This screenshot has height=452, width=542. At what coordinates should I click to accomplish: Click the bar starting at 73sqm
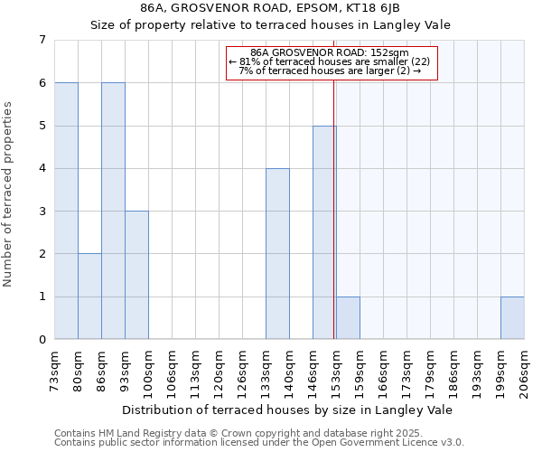[x=66, y=211]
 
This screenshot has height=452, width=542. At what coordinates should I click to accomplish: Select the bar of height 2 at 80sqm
[x=89, y=297]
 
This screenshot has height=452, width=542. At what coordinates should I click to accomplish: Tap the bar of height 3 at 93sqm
[x=136, y=275]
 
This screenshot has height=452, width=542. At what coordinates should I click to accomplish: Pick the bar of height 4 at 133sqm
[x=277, y=254]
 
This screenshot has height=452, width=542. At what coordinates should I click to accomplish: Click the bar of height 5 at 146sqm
[x=324, y=232]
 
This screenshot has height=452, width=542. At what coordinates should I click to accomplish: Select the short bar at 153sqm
[x=348, y=317]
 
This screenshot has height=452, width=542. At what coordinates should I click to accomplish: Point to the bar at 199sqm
[x=512, y=317]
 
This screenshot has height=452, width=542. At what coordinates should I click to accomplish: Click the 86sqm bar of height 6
[x=113, y=211]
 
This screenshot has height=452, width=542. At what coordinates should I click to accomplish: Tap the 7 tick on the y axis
[x=42, y=40]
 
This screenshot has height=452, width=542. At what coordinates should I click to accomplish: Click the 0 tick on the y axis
[x=42, y=340]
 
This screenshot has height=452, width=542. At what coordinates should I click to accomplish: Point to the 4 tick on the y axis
[x=42, y=168]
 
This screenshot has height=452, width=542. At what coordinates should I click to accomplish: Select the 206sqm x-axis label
[x=524, y=370]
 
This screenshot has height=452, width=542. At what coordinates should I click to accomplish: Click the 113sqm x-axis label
[x=195, y=370]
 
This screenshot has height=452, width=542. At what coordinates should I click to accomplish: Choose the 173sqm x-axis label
[x=406, y=370]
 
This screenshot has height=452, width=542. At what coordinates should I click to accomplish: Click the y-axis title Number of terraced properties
[x=8, y=194]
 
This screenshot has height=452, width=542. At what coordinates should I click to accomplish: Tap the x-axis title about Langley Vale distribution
[x=286, y=410]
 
